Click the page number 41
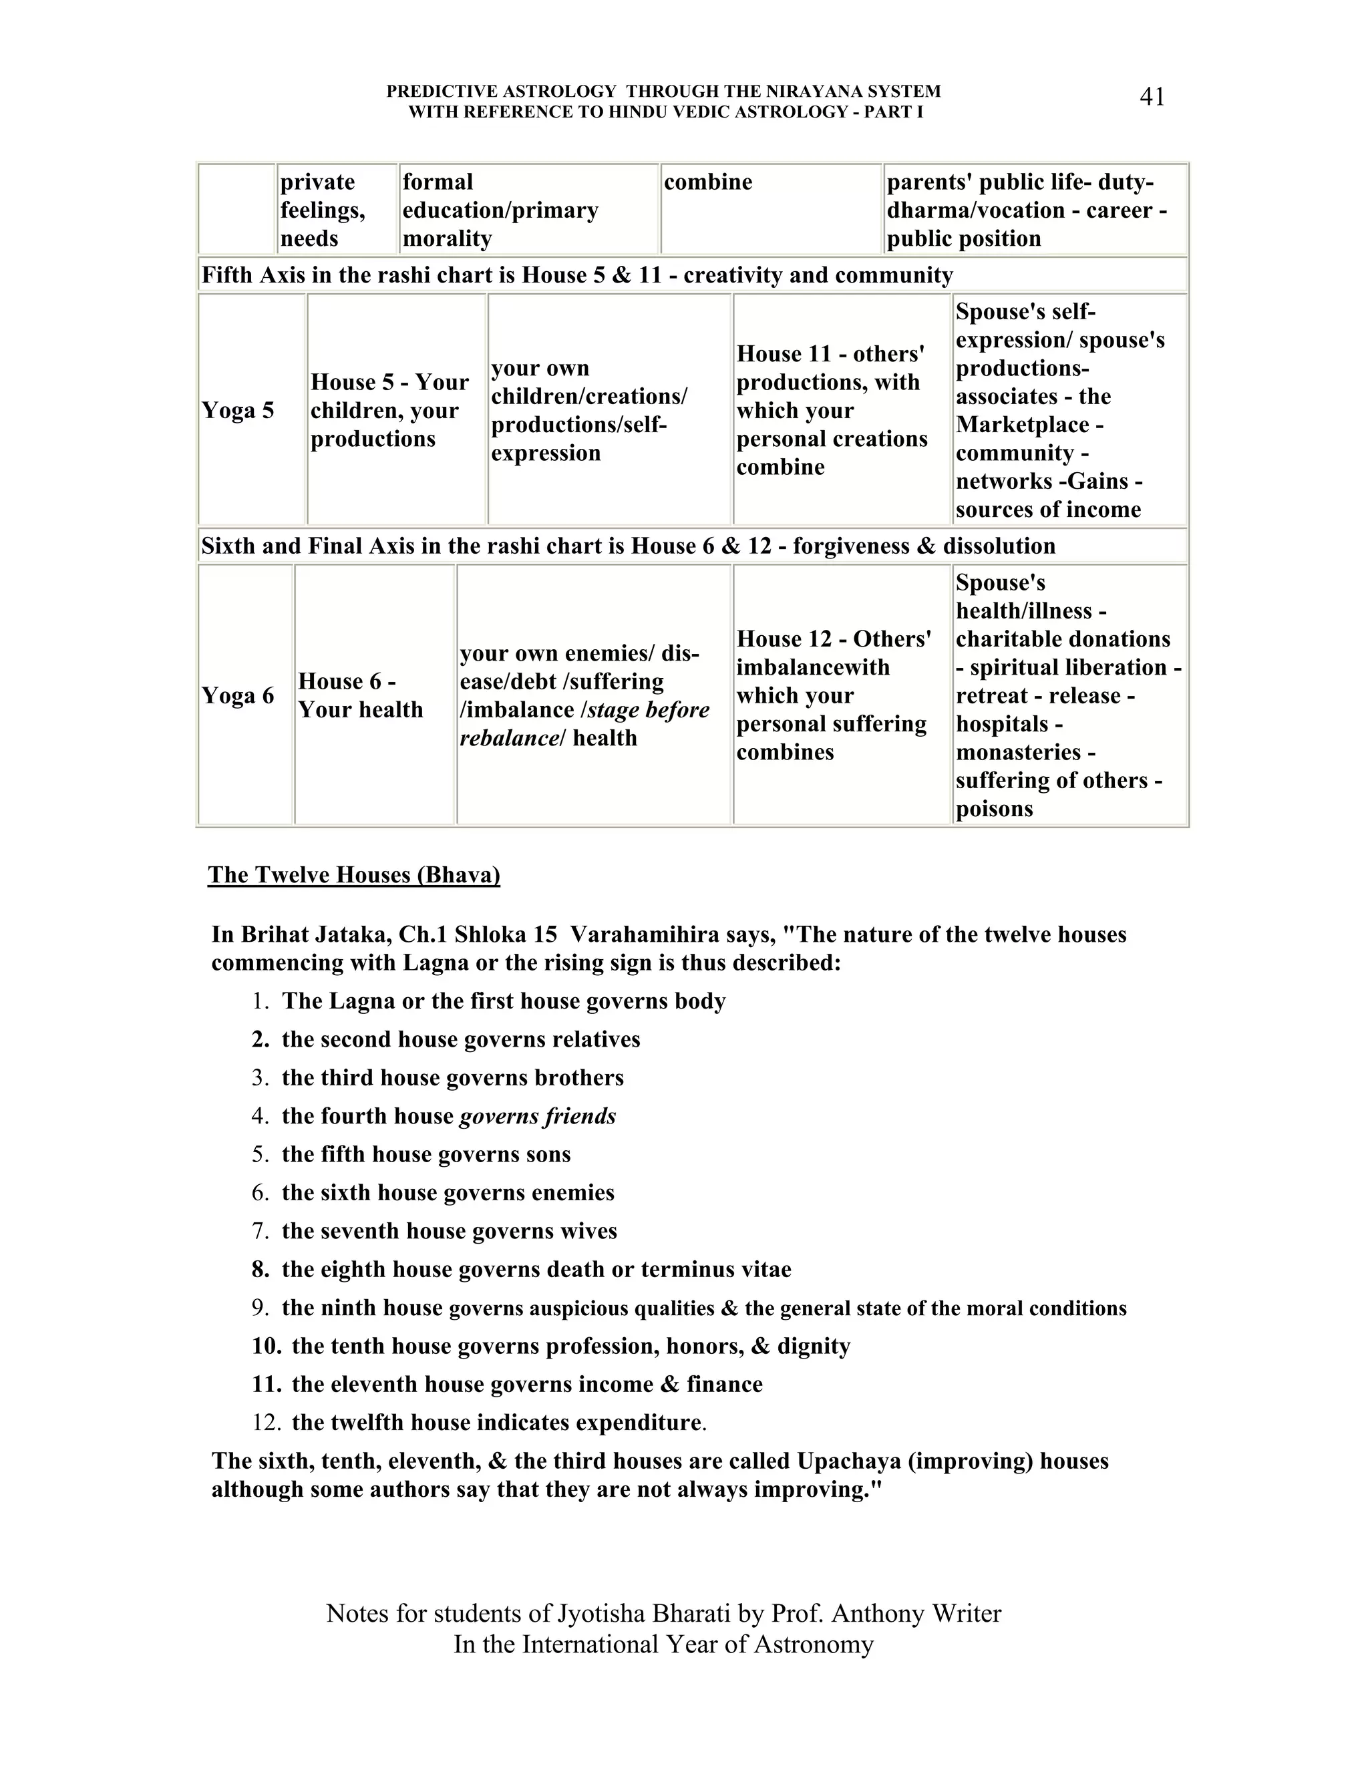pyautogui.click(x=1152, y=98)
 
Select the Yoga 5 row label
pyautogui.click(x=237, y=410)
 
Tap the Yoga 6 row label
pyautogui.click(x=237, y=695)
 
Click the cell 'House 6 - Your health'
pyautogui.click(x=360, y=695)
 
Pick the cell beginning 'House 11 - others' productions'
pyautogui.click(x=832, y=410)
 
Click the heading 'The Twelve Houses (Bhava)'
pyautogui.click(x=353, y=875)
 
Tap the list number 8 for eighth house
pyautogui.click(x=260, y=1269)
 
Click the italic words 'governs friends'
pyautogui.click(x=537, y=1116)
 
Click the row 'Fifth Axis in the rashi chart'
pyautogui.click(x=576, y=276)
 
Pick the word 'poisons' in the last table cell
pyautogui.click(x=993, y=809)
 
